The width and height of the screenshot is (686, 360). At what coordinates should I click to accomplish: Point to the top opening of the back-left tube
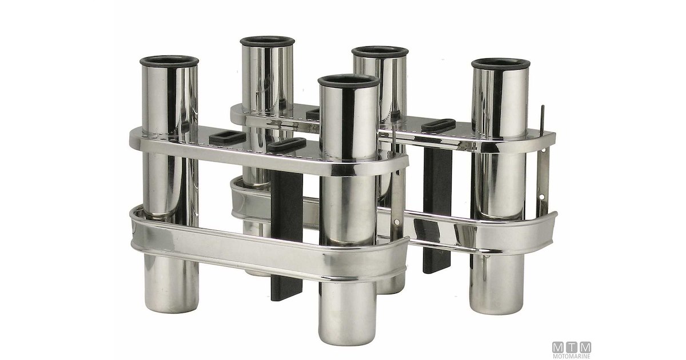click(267, 42)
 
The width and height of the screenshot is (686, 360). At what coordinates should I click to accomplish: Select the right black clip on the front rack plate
click(286, 145)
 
